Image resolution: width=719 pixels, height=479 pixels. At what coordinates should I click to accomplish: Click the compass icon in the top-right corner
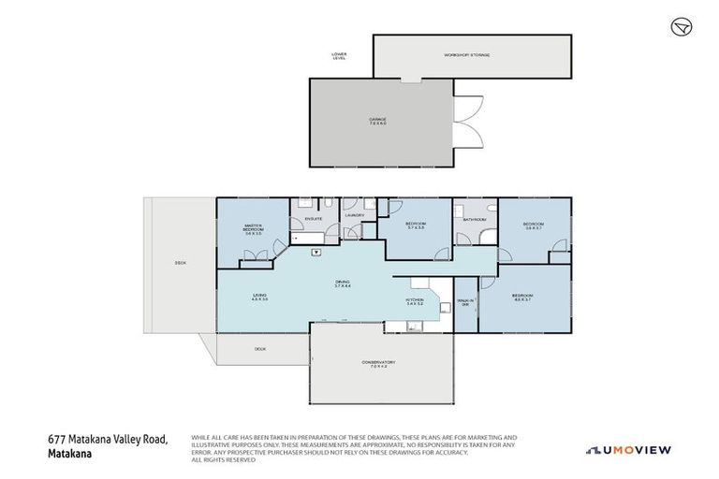pos(681,26)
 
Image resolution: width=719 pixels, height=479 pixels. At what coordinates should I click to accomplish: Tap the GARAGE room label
pos(376,121)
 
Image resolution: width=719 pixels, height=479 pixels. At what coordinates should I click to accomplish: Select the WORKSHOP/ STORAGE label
pos(466,55)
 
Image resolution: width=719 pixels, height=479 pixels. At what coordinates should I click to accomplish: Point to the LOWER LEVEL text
pos(339,56)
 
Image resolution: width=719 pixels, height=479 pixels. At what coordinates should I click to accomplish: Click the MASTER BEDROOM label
pos(252,229)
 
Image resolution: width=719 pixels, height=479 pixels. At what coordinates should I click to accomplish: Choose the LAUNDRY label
pos(354,216)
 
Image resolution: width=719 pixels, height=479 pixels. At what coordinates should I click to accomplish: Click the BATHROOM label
pos(475,220)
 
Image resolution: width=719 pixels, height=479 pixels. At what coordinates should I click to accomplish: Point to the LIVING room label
pos(259,298)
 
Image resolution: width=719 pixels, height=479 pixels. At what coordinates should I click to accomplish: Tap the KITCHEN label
pos(414,302)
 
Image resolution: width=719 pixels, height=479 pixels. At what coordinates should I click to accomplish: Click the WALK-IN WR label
pos(465,302)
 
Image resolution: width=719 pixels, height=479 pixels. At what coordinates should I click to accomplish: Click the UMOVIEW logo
pos(628,450)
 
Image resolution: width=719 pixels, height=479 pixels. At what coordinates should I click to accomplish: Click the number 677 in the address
pos(57,440)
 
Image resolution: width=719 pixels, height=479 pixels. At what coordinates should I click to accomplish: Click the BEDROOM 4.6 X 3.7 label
pos(521,298)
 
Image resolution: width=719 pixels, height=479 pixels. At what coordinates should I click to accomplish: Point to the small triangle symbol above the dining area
pos(316,252)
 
